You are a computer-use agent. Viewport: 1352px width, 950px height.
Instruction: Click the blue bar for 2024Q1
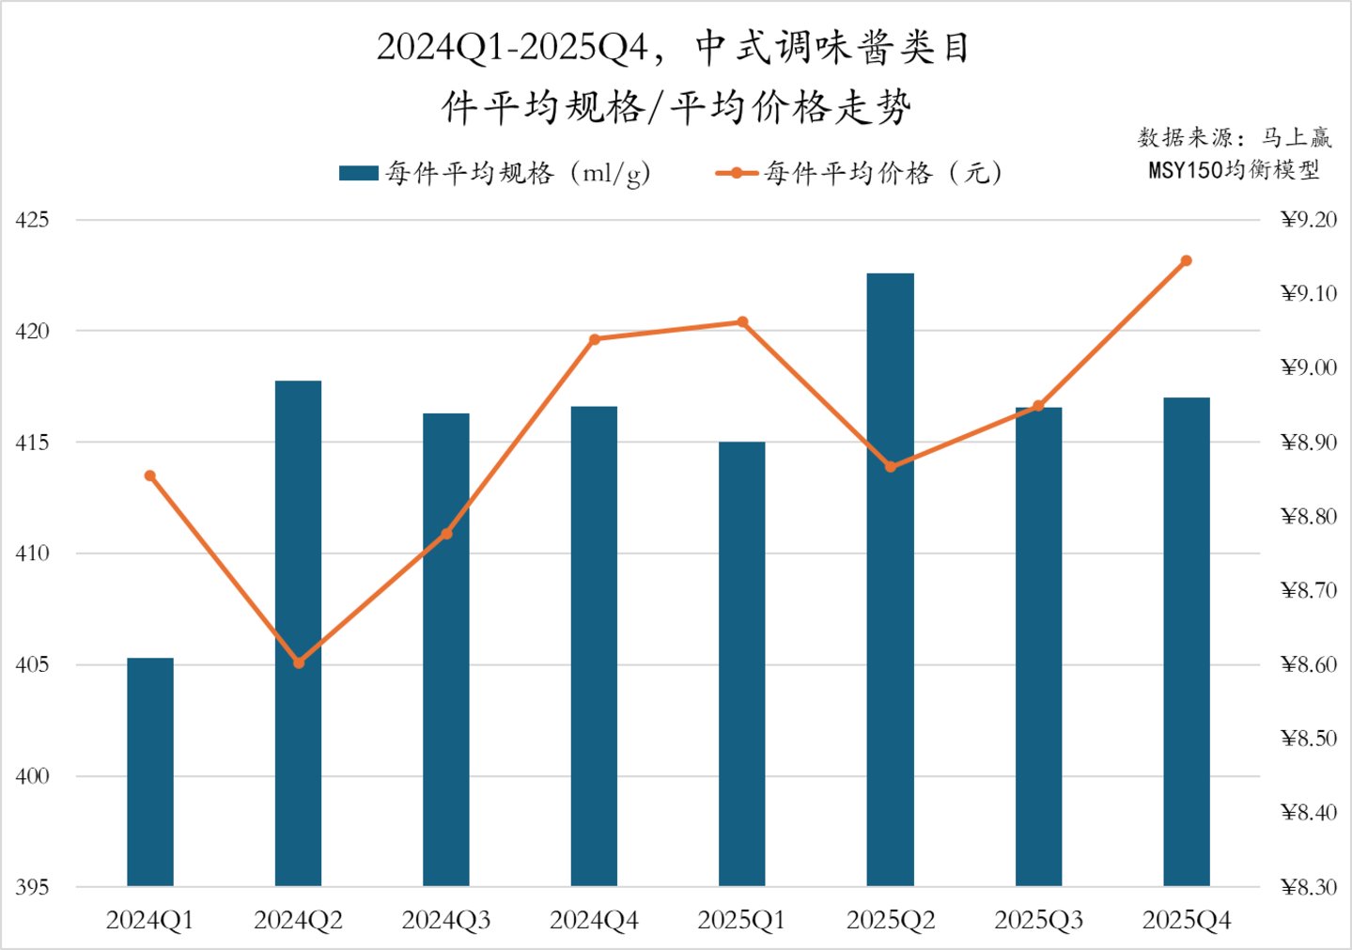click(x=150, y=771)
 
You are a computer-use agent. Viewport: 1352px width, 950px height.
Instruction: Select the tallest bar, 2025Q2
click(x=890, y=579)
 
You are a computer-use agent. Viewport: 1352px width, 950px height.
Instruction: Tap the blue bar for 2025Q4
click(x=1186, y=641)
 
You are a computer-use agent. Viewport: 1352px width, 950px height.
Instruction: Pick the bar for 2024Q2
click(x=298, y=632)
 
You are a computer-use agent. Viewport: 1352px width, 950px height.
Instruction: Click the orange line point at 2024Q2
click(x=299, y=662)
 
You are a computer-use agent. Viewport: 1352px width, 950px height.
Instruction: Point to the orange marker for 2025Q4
click(x=1186, y=260)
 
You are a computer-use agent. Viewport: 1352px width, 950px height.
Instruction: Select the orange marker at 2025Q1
click(x=742, y=322)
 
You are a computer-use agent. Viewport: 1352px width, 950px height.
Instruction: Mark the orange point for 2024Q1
click(x=150, y=475)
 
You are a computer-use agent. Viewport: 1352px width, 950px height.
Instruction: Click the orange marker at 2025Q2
click(x=891, y=467)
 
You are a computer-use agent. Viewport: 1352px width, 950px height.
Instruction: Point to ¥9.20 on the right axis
click(x=1308, y=220)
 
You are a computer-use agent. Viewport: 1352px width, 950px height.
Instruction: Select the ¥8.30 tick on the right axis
click(x=1308, y=887)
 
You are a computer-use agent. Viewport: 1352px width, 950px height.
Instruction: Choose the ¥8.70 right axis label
click(x=1308, y=590)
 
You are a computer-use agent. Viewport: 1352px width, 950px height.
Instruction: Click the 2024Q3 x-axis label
click(x=446, y=920)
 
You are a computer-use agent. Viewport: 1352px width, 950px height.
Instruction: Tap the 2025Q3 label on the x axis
click(x=1038, y=920)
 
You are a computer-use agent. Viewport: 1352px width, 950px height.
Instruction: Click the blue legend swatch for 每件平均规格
click(x=358, y=173)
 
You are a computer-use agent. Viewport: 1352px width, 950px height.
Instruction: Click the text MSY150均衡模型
click(x=1234, y=170)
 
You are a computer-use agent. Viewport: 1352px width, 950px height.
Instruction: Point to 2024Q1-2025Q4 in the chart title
click(x=512, y=47)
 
